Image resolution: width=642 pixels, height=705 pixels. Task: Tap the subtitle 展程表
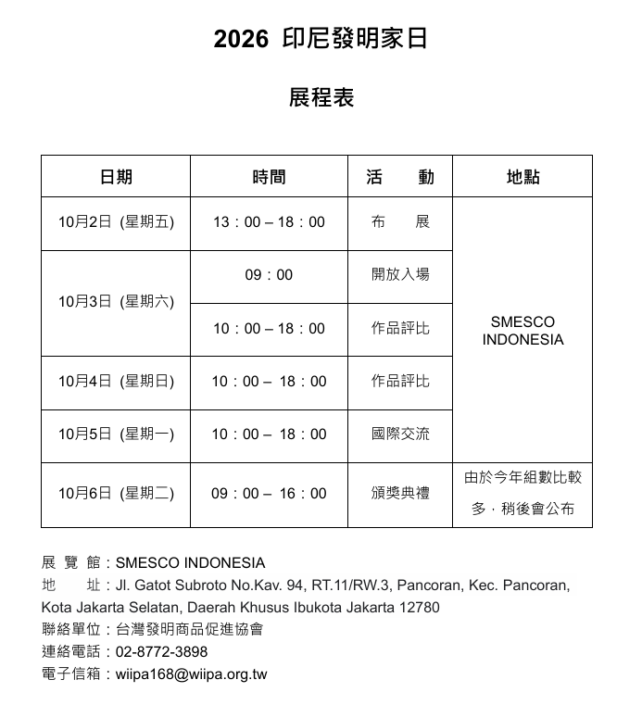tap(321, 97)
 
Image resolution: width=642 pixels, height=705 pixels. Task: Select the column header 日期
tap(116, 177)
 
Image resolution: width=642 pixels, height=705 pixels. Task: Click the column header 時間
tap(269, 177)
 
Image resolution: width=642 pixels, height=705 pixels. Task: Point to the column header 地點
tap(522, 177)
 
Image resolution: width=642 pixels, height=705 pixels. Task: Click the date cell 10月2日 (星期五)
tap(116, 222)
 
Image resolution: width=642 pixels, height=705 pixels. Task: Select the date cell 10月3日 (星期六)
tap(116, 302)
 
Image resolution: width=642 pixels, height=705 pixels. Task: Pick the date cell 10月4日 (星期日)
tap(116, 382)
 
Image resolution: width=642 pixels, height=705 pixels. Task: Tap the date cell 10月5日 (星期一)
tap(116, 434)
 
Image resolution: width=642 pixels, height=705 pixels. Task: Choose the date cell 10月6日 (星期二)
tap(116, 494)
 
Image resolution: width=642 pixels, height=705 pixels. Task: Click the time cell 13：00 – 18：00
tap(269, 222)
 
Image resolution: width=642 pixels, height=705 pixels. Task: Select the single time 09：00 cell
tap(269, 275)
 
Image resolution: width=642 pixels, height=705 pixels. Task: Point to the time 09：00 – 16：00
tap(269, 494)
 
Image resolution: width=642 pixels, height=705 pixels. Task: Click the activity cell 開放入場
tap(400, 275)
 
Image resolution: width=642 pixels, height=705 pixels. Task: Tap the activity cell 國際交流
tap(400, 434)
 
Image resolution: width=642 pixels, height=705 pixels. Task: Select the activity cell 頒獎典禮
tap(400, 494)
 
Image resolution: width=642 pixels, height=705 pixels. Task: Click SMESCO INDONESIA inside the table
tap(522, 331)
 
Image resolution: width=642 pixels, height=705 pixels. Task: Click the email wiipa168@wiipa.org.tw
tap(191, 674)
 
